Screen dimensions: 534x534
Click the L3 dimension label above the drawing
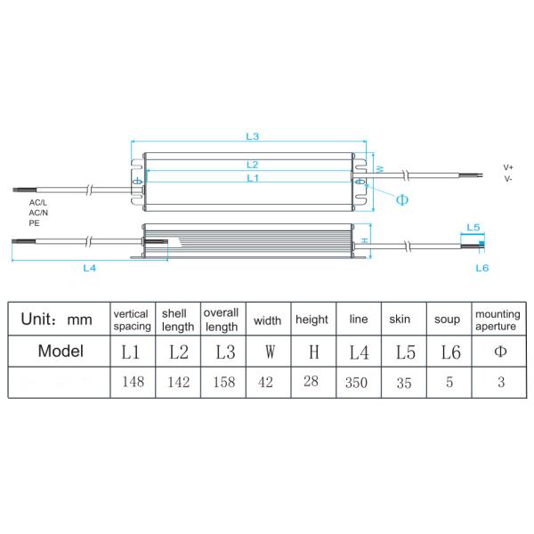[252, 136]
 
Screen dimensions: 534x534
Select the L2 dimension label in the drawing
[252, 165]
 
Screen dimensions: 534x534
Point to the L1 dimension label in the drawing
[252, 178]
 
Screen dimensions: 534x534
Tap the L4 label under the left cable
[89, 266]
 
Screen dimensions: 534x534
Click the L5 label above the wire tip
[473, 228]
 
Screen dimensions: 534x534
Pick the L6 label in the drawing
[481, 267]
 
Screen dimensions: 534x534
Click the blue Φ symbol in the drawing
[401, 199]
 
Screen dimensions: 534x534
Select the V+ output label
[508, 167]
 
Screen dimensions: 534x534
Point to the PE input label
[34, 223]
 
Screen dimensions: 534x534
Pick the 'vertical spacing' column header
[131, 320]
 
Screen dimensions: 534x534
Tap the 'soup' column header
[447, 320]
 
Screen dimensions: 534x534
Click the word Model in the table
[61, 351]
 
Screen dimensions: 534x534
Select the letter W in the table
[268, 352]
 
